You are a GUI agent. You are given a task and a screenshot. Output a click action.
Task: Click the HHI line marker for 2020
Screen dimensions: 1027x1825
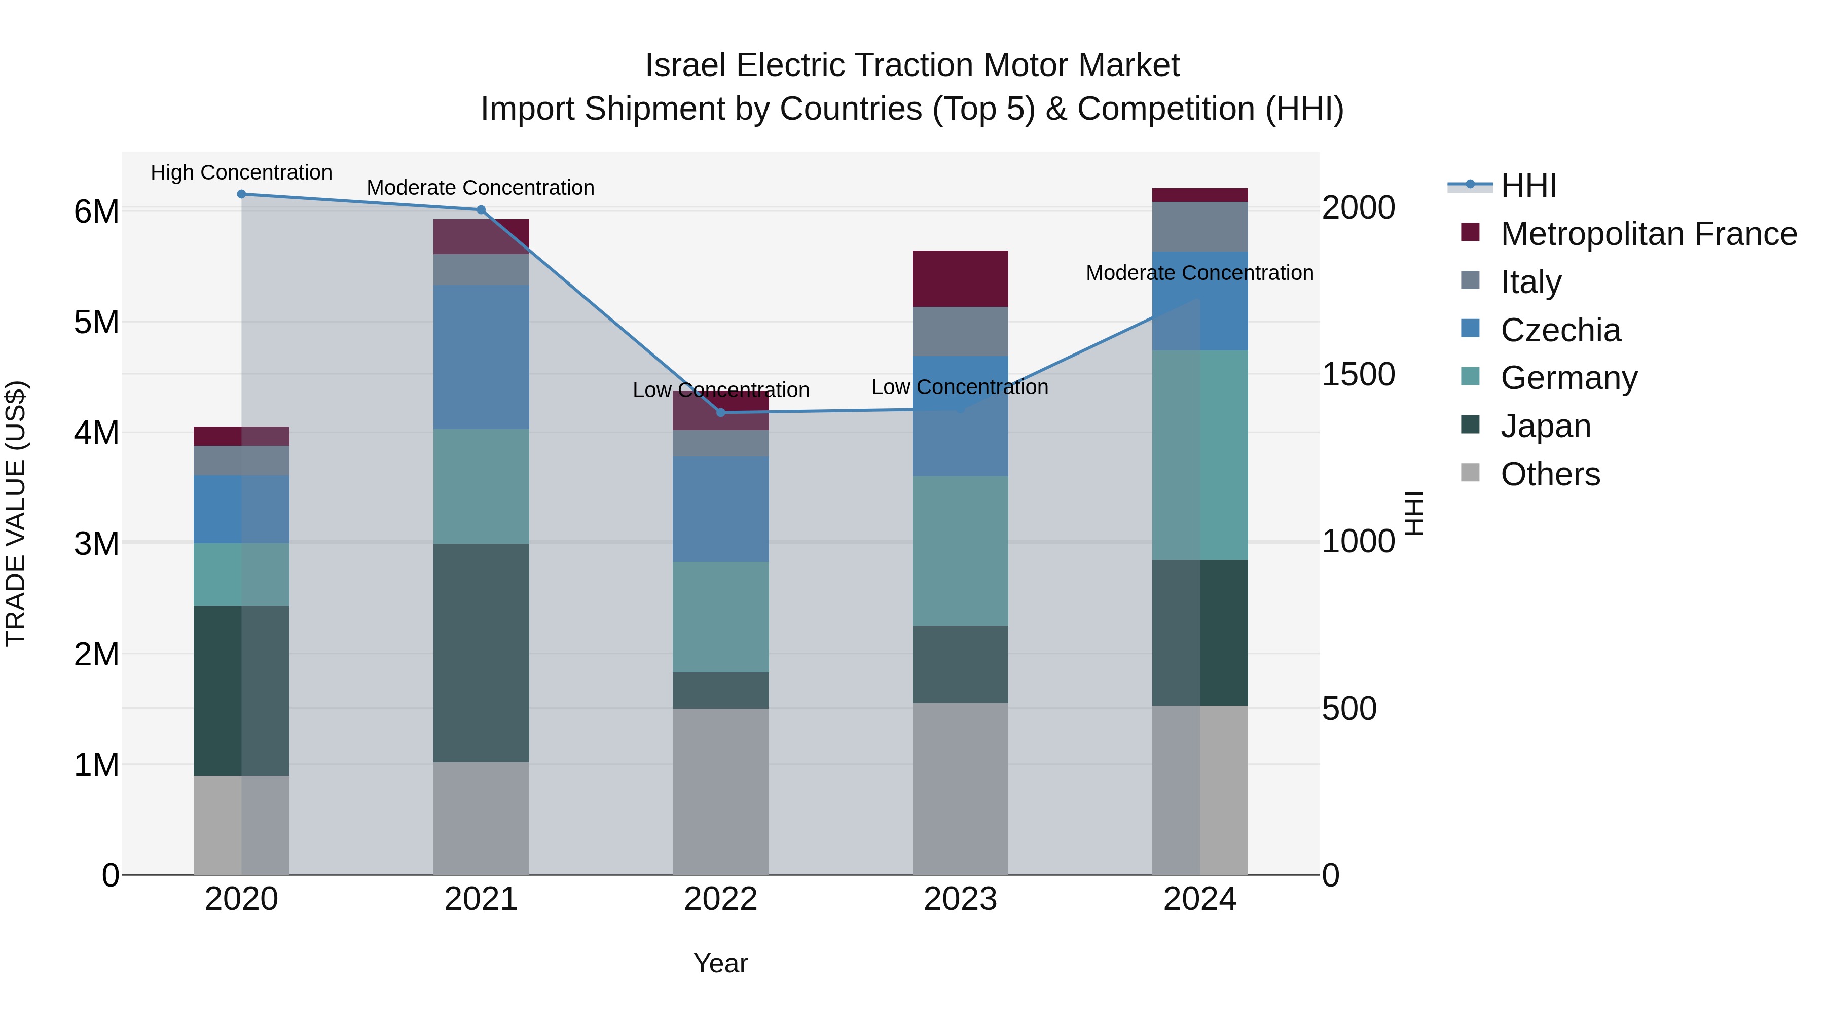click(242, 194)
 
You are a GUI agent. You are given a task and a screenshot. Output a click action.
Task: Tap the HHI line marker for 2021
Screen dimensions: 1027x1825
click(481, 210)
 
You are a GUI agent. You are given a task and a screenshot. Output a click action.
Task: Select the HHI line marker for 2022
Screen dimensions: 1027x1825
click(720, 412)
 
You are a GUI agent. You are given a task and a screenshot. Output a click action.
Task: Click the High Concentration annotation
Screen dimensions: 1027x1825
click(242, 172)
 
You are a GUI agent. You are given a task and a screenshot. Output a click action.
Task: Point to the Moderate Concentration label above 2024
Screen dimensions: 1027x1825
click(1199, 273)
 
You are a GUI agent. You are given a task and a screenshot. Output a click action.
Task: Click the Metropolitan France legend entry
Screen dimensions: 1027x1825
click(1648, 234)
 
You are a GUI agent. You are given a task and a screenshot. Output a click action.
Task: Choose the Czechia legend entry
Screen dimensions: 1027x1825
click(1560, 330)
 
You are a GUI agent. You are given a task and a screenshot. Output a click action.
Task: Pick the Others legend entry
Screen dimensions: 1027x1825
click(1550, 474)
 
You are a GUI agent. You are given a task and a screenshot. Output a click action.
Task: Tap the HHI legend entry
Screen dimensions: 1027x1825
click(1528, 186)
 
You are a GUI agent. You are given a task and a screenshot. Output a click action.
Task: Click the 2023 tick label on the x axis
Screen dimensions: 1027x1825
click(960, 899)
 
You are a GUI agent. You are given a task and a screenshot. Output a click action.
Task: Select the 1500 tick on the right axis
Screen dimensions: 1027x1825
click(1358, 375)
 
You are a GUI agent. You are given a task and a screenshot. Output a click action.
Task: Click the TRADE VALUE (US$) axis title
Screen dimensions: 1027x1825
click(16, 513)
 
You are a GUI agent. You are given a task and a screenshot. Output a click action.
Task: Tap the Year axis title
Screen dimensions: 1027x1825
click(720, 963)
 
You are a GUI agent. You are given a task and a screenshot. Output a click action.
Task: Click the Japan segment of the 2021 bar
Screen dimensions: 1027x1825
click(481, 652)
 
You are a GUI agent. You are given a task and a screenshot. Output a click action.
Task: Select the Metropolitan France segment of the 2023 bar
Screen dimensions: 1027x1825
click(960, 278)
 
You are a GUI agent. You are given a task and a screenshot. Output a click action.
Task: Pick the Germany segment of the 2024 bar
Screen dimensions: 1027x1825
click(1199, 455)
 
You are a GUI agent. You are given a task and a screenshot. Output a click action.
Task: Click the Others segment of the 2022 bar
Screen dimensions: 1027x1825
click(720, 791)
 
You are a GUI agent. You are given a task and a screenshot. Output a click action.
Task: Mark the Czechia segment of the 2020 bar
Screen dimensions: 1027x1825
click(242, 509)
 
